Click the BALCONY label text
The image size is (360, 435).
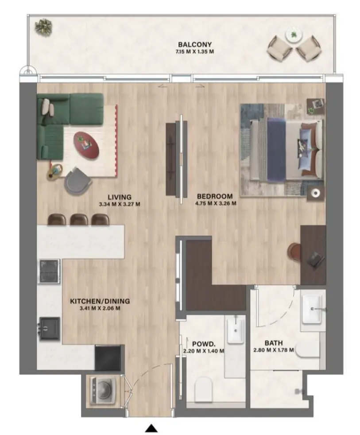(x=195, y=44)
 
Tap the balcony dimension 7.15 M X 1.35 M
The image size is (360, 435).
(x=195, y=51)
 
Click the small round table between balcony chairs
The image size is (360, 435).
(x=293, y=35)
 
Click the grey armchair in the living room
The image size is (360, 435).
(x=78, y=180)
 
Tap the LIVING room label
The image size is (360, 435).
(x=119, y=197)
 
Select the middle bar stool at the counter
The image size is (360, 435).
(x=79, y=219)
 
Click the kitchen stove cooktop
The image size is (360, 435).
(x=49, y=271)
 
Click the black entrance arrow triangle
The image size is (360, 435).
(x=152, y=428)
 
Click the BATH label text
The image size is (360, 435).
(x=274, y=343)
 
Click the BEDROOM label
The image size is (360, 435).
(x=215, y=196)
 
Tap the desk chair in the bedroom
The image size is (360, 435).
(x=294, y=252)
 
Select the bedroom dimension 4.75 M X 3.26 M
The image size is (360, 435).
(x=215, y=204)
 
